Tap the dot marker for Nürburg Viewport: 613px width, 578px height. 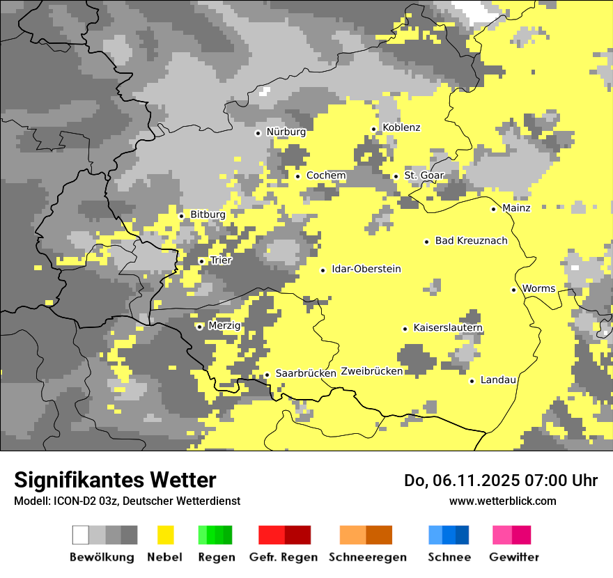point(258,132)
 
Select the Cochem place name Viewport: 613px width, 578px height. point(325,175)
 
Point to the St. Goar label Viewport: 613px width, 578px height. point(424,175)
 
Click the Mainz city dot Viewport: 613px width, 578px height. point(494,209)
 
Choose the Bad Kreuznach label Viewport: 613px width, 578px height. point(471,241)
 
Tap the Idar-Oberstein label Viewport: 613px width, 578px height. point(366,270)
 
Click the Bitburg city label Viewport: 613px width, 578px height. point(208,214)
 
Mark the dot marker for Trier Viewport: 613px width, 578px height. point(202,261)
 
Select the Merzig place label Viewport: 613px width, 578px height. point(224,326)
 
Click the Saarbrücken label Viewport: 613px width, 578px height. point(306,373)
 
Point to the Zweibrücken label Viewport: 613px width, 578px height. point(371,371)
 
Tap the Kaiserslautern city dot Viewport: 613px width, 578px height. point(405,329)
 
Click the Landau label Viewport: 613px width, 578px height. point(498,380)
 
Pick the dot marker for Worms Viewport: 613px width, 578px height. point(513,290)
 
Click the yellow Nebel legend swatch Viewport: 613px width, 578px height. point(165,535)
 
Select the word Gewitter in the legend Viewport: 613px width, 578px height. point(513,557)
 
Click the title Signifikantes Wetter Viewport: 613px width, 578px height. point(115,480)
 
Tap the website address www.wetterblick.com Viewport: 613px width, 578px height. point(502,501)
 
